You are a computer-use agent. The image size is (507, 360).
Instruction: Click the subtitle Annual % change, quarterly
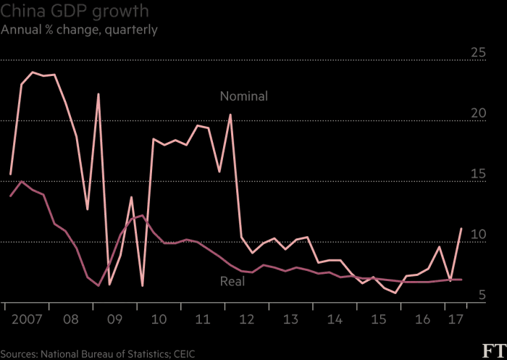(x=80, y=30)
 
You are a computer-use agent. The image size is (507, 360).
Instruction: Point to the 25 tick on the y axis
(x=478, y=52)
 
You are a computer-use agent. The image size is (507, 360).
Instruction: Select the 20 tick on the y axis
(x=478, y=113)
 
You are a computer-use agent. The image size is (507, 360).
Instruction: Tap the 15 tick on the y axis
(x=478, y=174)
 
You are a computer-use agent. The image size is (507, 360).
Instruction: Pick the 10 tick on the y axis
(x=478, y=235)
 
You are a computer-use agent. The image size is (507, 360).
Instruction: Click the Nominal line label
(x=244, y=96)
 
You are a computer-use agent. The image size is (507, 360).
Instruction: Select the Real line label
(x=232, y=281)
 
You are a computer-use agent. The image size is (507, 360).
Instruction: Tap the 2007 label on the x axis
(x=27, y=319)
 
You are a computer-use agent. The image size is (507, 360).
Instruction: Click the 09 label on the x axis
(x=114, y=319)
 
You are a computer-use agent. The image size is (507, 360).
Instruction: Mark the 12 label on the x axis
(x=247, y=319)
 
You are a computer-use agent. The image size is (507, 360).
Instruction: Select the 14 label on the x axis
(x=335, y=319)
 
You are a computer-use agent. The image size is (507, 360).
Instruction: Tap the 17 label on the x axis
(x=456, y=319)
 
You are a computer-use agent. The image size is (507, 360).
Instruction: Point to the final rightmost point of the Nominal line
(x=461, y=229)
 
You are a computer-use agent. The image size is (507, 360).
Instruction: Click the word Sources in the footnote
(x=21, y=353)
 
